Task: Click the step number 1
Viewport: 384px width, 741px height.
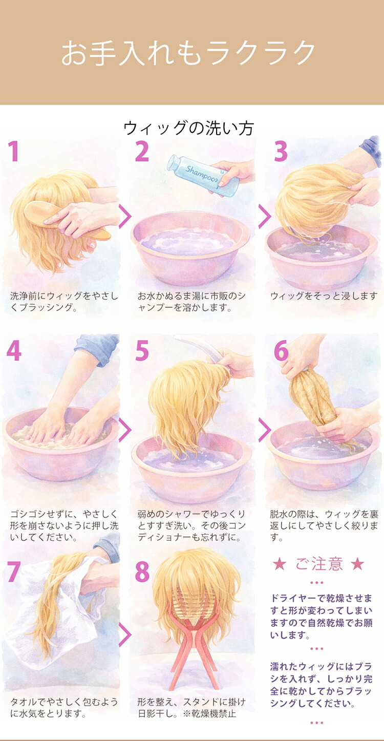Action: (x=13, y=151)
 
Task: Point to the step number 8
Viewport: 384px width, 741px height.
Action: (x=142, y=571)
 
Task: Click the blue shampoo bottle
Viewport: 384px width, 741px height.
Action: (x=202, y=176)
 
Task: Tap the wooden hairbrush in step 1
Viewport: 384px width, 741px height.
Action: (x=66, y=221)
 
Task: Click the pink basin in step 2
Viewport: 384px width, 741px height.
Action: (x=190, y=247)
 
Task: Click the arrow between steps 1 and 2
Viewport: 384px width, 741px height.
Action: (x=125, y=217)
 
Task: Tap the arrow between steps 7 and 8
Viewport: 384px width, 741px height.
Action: (x=125, y=634)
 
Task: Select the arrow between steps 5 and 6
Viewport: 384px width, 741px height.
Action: (x=264, y=430)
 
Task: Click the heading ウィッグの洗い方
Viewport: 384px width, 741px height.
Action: (x=188, y=129)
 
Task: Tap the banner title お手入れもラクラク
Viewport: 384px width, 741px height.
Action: (x=188, y=53)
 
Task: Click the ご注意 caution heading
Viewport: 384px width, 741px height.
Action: (x=319, y=564)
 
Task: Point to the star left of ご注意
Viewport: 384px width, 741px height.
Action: (x=280, y=564)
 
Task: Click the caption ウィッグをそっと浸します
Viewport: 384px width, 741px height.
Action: (x=324, y=296)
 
